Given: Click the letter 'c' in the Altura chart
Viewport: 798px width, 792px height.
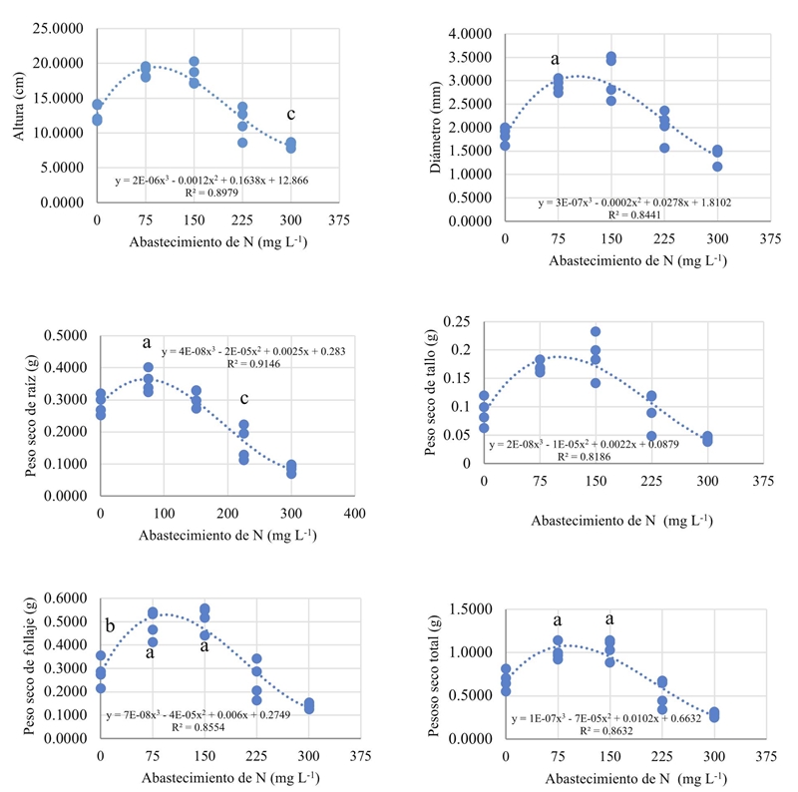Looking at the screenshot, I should pos(291,114).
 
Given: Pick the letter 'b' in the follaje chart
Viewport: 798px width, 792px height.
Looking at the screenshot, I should pos(109,626).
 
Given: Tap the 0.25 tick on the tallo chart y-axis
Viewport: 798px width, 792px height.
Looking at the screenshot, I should pos(462,321).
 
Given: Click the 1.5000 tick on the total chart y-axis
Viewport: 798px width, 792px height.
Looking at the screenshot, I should pos(467,609).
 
